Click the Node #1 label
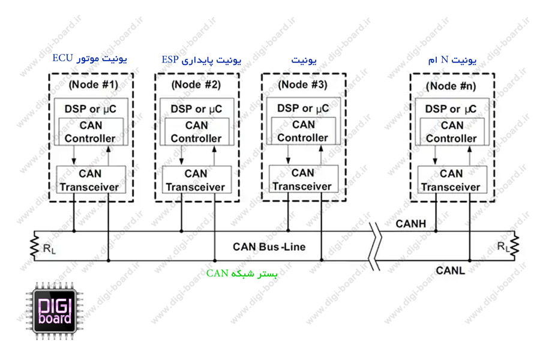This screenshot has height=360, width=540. coord(94,83)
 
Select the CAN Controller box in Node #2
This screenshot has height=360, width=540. coord(196,132)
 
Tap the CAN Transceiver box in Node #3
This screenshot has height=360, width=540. coord(302,179)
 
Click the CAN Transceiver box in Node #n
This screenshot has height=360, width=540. coord(451,180)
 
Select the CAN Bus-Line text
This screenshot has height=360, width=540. coord(269,247)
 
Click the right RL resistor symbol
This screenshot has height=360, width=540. coord(513,246)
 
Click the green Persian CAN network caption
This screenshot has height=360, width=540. coord(242,274)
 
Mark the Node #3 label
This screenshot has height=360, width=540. coord(302,84)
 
